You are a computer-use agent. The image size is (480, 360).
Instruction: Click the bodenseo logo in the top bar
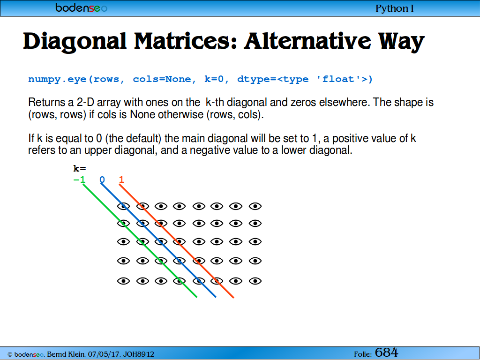pyautogui.click(x=81, y=7)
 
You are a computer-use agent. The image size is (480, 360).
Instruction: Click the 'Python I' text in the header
pyautogui.click(x=394, y=8)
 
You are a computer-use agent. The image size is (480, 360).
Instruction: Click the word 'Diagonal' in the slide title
pyautogui.click(x=75, y=42)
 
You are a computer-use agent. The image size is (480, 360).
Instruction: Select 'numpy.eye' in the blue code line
pyautogui.click(x=57, y=79)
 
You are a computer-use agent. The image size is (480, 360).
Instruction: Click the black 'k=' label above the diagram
pyautogui.click(x=80, y=168)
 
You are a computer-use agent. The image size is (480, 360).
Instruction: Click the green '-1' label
pyautogui.click(x=79, y=180)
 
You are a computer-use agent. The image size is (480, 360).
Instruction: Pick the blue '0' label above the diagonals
pyautogui.click(x=102, y=180)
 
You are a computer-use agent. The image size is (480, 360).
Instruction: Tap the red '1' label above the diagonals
pyautogui.click(x=121, y=180)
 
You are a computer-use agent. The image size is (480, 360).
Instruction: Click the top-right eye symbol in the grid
pyautogui.click(x=255, y=206)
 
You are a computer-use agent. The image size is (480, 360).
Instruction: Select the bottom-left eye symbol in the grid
pyautogui.click(x=124, y=281)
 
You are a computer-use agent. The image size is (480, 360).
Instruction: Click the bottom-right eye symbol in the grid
pyautogui.click(x=255, y=281)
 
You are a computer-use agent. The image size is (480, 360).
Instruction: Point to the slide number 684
pyautogui.click(x=386, y=352)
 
